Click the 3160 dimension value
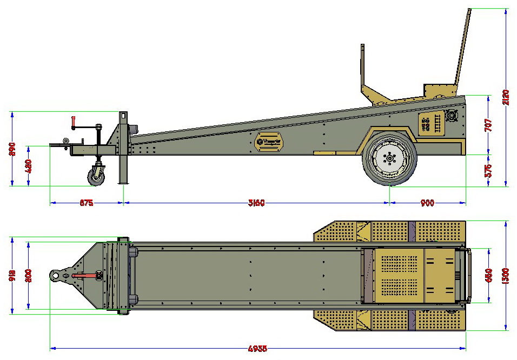256,203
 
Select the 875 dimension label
87,203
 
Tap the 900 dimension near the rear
427,203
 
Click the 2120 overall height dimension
506,95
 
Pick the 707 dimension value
488,125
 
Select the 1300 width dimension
506,276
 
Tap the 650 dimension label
488,276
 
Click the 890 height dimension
12,149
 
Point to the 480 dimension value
28,165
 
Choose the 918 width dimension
12,275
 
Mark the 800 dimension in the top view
28,275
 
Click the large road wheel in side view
390,158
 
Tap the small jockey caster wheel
97,176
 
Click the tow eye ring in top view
56,276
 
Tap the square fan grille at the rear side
452,116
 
